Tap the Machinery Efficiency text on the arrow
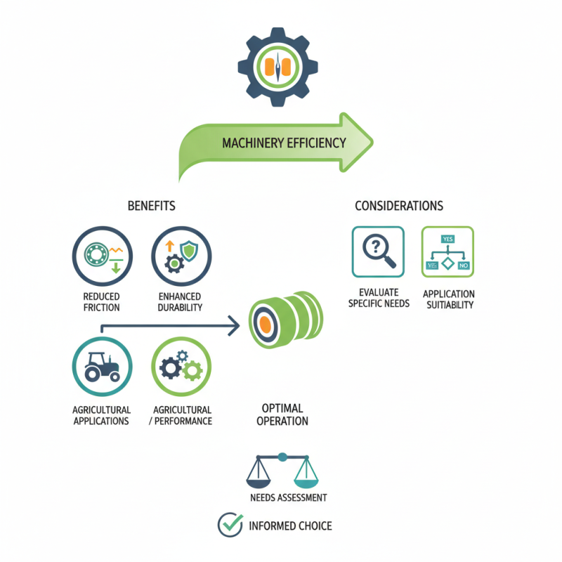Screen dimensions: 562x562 [x=284, y=143]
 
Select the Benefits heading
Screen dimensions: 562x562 [x=151, y=206]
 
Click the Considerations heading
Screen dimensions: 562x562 [x=398, y=206]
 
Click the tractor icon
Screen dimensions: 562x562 [x=102, y=367]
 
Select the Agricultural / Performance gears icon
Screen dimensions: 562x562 [x=181, y=367]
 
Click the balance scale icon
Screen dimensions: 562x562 [x=282, y=470]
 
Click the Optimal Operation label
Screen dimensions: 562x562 [x=282, y=414]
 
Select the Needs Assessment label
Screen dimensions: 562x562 [x=288, y=497]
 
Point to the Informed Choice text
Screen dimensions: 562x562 [x=290, y=525]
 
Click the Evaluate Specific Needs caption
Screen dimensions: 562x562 [x=378, y=298]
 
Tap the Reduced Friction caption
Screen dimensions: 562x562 [x=101, y=302]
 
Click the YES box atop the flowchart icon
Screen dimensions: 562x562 [x=447, y=239]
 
